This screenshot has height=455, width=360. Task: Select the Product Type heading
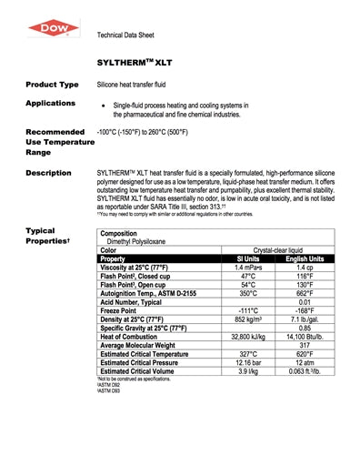tap(52, 83)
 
